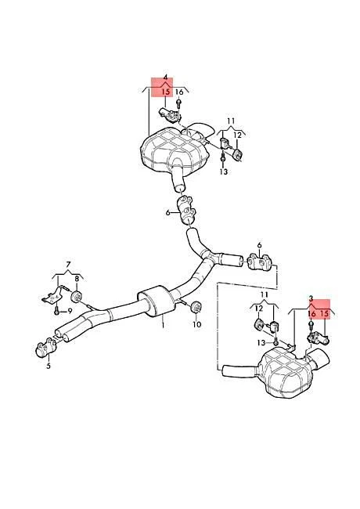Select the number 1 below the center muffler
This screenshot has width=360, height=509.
click(164, 322)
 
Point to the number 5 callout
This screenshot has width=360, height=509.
click(48, 365)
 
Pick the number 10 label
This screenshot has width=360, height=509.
click(196, 324)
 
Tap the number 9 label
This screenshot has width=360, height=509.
click(70, 311)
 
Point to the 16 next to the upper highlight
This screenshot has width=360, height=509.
click(180, 92)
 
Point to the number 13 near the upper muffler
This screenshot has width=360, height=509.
click(223, 171)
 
